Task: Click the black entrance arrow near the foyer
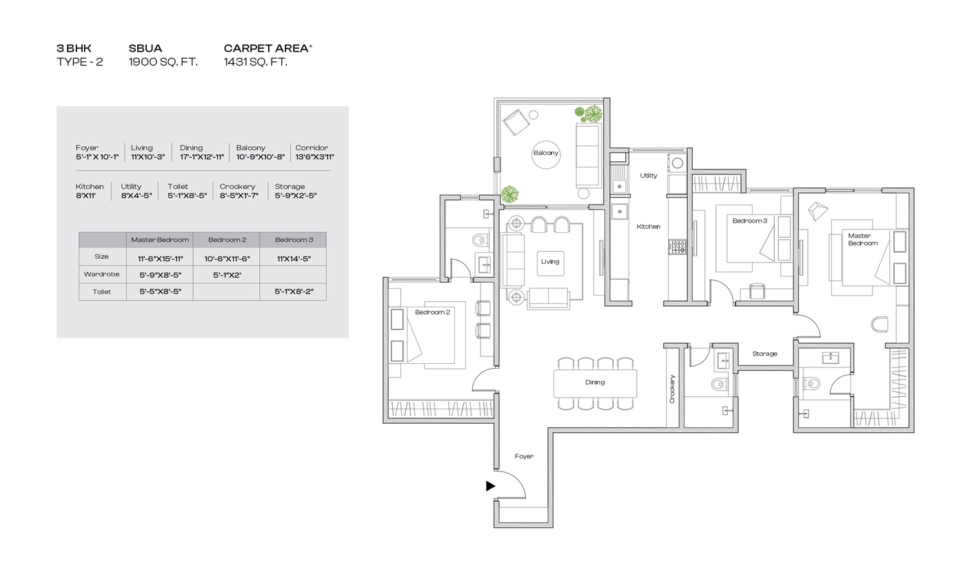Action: click(x=491, y=486)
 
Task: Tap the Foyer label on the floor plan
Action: click(x=524, y=456)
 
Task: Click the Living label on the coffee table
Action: click(x=550, y=261)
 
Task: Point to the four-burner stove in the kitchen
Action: click(x=677, y=247)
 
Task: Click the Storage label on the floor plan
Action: click(x=764, y=354)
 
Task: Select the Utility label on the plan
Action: click(x=649, y=175)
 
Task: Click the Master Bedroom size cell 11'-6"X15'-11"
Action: click(x=160, y=258)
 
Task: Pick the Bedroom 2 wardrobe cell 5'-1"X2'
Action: click(x=227, y=275)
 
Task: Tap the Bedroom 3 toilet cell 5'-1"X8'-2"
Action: click(x=294, y=292)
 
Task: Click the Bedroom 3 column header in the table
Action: click(x=294, y=240)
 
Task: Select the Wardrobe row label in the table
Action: click(x=102, y=274)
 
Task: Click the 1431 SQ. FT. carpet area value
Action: click(x=256, y=62)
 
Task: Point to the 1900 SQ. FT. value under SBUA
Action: click(x=163, y=62)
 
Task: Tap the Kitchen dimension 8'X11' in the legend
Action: click(x=85, y=196)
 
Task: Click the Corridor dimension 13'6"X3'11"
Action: click(x=314, y=157)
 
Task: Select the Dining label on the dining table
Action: click(x=595, y=382)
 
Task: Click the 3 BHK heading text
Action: click(x=74, y=48)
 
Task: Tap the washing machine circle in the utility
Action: click(x=677, y=163)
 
